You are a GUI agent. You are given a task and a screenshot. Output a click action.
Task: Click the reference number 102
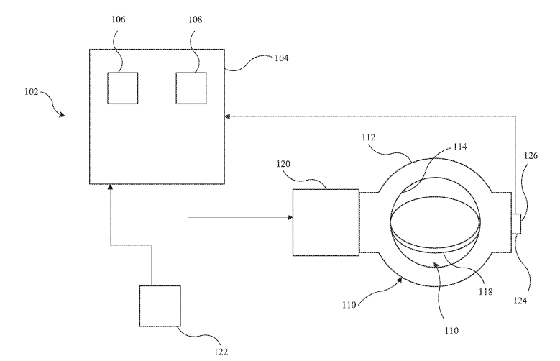click(31, 92)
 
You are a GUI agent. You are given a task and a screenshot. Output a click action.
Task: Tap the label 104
click(281, 58)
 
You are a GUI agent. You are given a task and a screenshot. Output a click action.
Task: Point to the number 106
click(119, 19)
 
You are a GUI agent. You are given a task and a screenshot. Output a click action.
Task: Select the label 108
click(196, 19)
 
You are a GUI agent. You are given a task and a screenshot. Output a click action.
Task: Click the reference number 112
click(369, 137)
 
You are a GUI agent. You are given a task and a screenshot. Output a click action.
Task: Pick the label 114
click(460, 147)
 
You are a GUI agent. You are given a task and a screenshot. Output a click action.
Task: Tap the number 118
click(486, 292)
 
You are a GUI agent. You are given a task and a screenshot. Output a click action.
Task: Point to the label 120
click(283, 164)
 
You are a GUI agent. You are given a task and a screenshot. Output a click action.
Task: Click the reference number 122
click(221, 352)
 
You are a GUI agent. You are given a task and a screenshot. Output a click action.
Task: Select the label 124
click(520, 301)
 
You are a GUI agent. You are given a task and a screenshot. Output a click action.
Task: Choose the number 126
click(531, 155)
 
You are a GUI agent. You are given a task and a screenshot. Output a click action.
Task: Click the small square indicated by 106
click(123, 88)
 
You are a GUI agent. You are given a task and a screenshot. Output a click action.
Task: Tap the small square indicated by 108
click(191, 88)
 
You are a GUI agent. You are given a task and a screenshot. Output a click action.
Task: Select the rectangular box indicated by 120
click(326, 222)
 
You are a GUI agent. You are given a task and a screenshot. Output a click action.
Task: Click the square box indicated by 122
click(160, 306)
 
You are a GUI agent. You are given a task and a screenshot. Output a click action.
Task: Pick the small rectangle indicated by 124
click(516, 224)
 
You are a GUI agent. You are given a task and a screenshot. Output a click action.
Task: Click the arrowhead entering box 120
click(290, 217)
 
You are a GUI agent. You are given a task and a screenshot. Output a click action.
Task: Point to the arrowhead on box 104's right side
click(227, 116)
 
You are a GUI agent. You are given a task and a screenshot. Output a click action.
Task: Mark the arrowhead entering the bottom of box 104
click(111, 186)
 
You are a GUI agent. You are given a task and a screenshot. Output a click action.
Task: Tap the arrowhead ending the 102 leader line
click(63, 115)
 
